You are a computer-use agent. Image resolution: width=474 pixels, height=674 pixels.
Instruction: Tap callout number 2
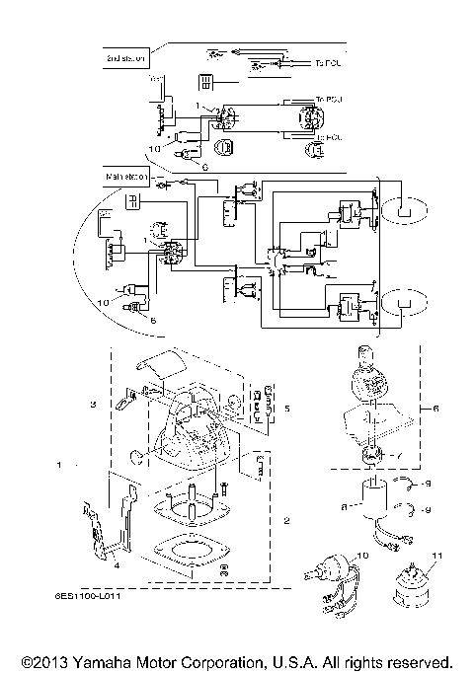(x=286, y=520)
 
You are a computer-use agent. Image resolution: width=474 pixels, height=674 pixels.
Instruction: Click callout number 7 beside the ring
(x=396, y=455)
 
